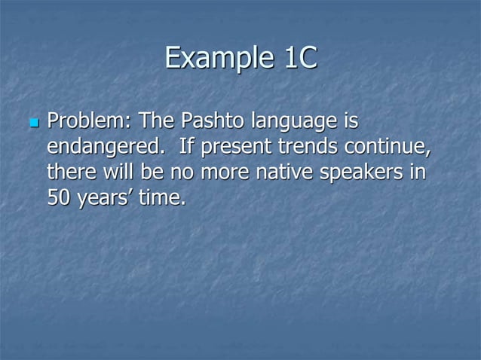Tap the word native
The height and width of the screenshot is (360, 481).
286,173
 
